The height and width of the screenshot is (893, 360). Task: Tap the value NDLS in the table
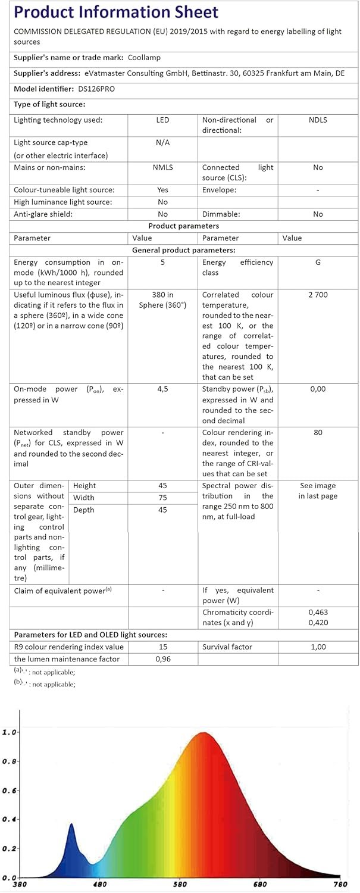[318, 120]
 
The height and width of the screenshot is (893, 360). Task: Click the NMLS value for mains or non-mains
[162, 168]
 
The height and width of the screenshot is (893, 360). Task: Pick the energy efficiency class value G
[318, 263]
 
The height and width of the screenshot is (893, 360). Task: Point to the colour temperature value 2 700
[318, 295]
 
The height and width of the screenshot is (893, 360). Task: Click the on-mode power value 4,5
[162, 389]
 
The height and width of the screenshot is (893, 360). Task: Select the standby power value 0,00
[318, 389]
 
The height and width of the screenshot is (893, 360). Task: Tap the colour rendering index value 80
[318, 433]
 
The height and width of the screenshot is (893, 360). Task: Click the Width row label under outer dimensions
[83, 498]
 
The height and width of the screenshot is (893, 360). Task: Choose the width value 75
[162, 498]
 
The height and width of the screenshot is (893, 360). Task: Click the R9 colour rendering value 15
[162, 647]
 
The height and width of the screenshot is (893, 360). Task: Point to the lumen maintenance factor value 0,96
[162, 659]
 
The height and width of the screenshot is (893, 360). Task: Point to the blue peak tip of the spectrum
[71, 824]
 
